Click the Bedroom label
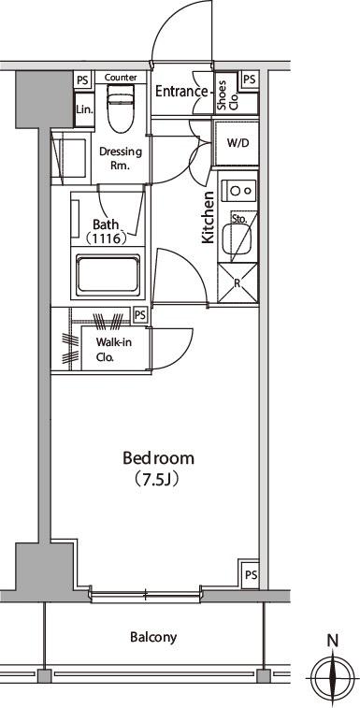pyautogui.click(x=159, y=458)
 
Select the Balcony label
pyautogui.click(x=153, y=637)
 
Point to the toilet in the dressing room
pyautogui.click(x=120, y=108)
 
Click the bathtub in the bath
pyautogui.click(x=108, y=275)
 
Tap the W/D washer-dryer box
pyautogui.click(x=237, y=144)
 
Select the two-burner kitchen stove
pyautogui.click(x=238, y=190)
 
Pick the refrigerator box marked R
pyautogui.click(x=238, y=283)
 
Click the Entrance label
pyautogui.click(x=181, y=92)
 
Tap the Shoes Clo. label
pyautogui.click(x=227, y=94)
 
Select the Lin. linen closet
pyautogui.click(x=84, y=109)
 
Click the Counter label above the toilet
pyautogui.click(x=121, y=78)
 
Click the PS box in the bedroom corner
pyautogui.click(x=251, y=575)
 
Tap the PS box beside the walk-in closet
pyautogui.click(x=140, y=314)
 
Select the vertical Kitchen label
pyautogui.click(x=208, y=218)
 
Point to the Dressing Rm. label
pyautogui.click(x=121, y=158)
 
